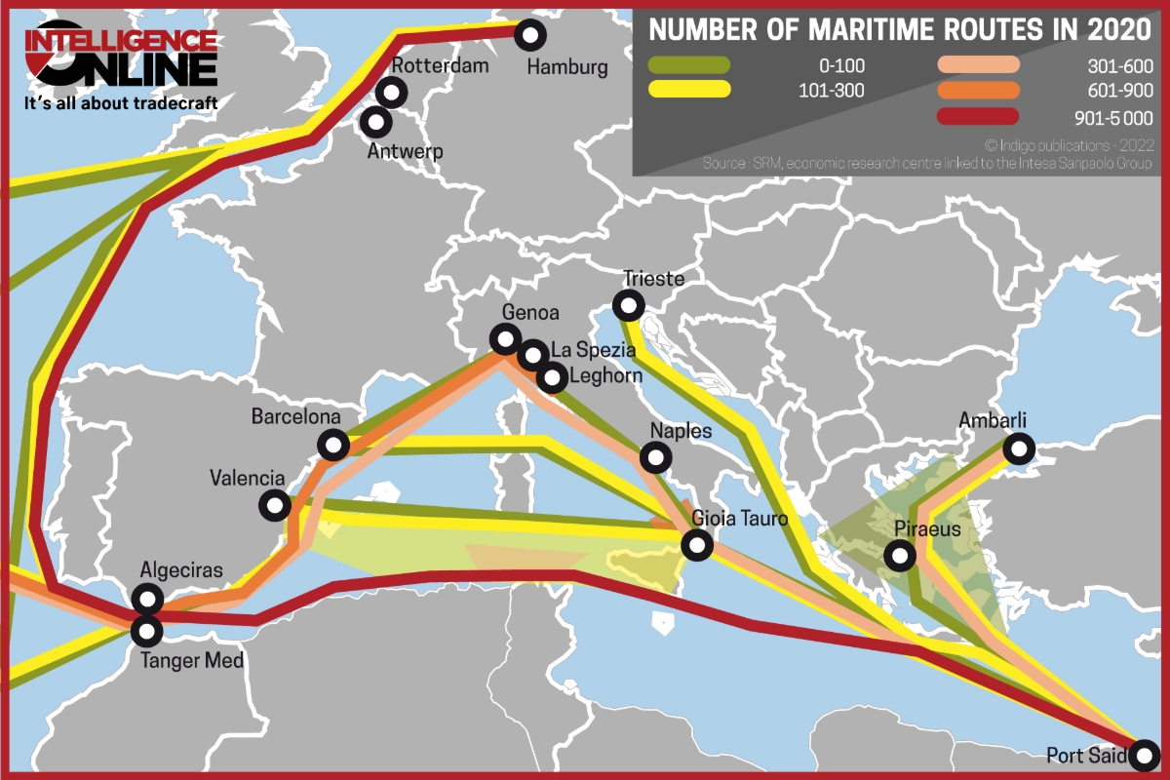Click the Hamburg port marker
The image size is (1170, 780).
click(530, 35)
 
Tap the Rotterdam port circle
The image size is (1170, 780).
click(392, 93)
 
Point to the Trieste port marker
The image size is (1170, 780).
click(630, 307)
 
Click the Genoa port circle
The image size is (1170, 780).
click(505, 339)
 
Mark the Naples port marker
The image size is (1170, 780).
click(656, 456)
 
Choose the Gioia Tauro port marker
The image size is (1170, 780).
click(697, 545)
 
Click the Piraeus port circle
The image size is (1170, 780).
click(899, 557)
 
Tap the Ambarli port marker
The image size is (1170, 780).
click(1019, 449)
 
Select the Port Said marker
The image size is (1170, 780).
click(1145, 754)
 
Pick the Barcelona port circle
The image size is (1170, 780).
click(333, 446)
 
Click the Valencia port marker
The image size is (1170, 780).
click(275, 505)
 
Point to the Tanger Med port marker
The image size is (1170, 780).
click(147, 631)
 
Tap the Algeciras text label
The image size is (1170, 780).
click(181, 570)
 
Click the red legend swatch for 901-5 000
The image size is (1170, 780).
click(979, 117)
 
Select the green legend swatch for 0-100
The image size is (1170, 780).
click(689, 65)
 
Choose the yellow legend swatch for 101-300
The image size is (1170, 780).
click(689, 90)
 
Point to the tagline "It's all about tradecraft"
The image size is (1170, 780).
click(121, 102)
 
